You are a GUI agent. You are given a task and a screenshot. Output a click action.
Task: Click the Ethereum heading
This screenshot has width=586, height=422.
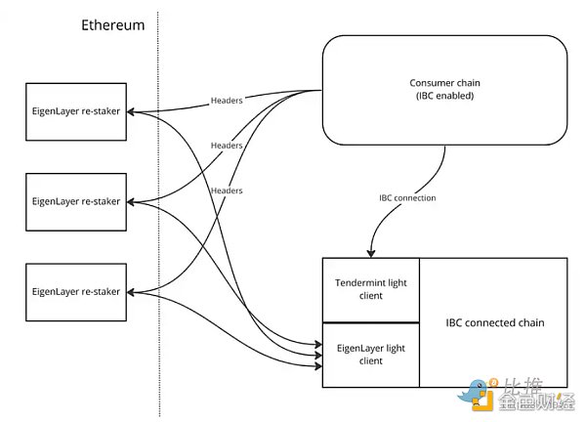click(111, 25)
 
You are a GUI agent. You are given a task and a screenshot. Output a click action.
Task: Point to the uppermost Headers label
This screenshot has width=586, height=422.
click(227, 100)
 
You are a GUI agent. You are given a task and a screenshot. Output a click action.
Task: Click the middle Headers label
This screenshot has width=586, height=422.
click(227, 145)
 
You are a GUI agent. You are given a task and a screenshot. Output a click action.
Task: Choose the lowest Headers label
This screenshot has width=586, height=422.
click(227, 190)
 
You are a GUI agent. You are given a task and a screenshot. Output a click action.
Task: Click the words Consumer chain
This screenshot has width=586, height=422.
click(444, 83)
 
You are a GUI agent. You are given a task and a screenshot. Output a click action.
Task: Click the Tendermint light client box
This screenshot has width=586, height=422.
click(370, 289)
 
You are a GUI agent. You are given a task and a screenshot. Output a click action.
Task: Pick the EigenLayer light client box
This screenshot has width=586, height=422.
click(370, 354)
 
